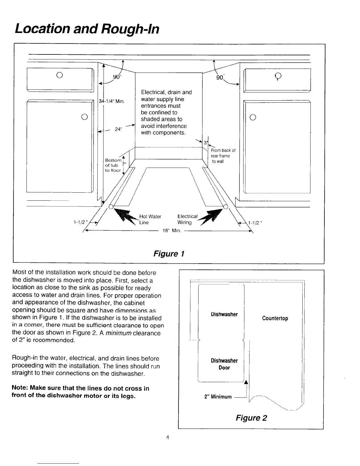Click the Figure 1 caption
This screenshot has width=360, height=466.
169,254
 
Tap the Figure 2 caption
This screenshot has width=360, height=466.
251,418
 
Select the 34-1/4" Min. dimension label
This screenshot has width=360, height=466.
112,101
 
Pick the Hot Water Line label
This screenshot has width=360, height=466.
150,219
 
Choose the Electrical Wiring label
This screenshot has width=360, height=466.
187,219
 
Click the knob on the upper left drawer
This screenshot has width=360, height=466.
59,74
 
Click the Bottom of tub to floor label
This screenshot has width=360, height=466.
113,165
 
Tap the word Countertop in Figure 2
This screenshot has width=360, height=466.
275,318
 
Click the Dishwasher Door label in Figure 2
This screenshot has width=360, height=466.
224,364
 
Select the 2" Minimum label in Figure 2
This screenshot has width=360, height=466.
218,397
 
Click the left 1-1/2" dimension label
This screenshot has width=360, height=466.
79,222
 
